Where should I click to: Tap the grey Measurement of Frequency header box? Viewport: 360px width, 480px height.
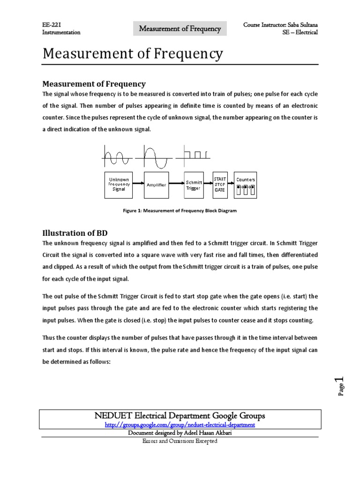click(180, 29)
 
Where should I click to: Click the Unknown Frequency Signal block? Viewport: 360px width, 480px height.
click(119, 185)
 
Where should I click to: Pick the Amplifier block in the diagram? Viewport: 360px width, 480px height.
click(156, 185)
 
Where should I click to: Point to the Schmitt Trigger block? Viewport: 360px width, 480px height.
click(194, 185)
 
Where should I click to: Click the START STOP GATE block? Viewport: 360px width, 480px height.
click(220, 185)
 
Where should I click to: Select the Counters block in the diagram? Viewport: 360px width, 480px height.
click(245, 185)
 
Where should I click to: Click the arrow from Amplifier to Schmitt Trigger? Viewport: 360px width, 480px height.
click(175, 185)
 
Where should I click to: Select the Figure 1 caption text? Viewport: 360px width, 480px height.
click(180, 210)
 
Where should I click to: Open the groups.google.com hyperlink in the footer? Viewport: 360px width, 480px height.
click(180, 424)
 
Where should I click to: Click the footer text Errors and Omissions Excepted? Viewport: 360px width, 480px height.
click(180, 442)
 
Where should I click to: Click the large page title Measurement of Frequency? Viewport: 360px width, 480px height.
click(133, 54)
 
